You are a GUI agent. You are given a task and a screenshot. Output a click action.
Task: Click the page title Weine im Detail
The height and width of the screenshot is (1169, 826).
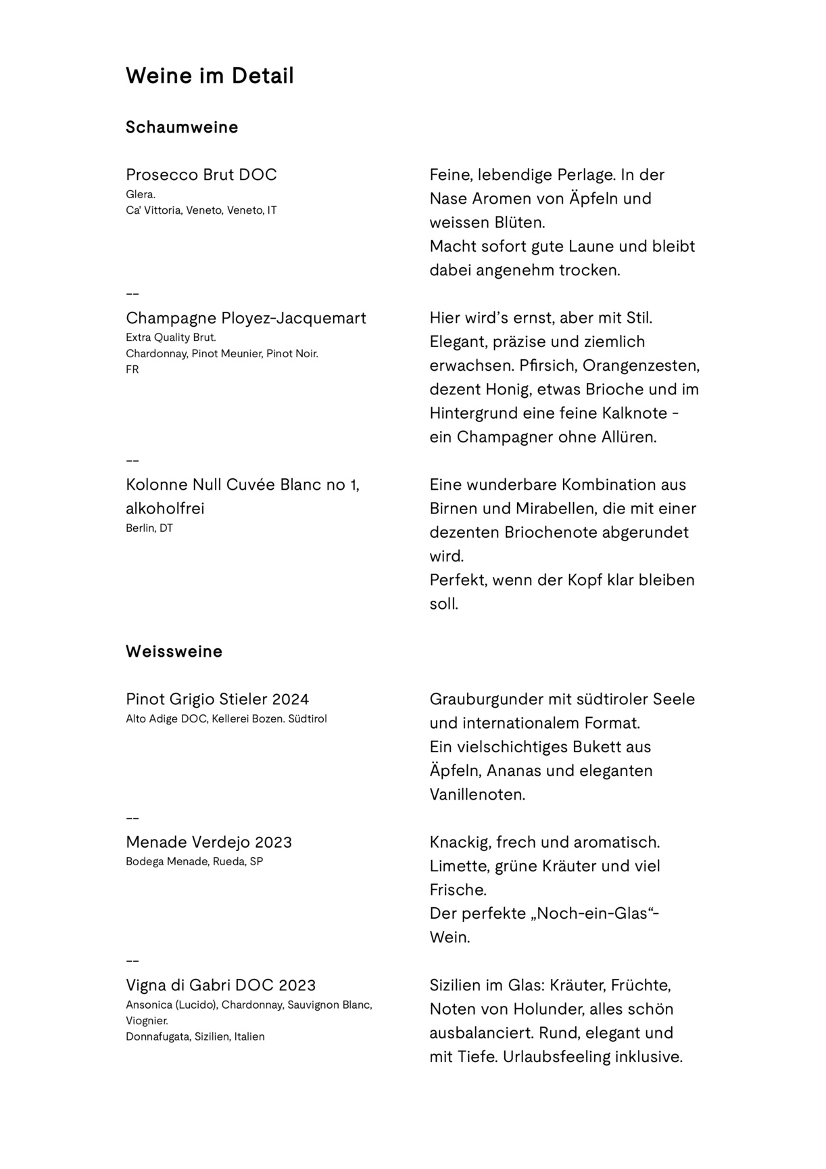click(x=210, y=76)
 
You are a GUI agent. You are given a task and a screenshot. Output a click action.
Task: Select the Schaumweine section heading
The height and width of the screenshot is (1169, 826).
click(x=182, y=127)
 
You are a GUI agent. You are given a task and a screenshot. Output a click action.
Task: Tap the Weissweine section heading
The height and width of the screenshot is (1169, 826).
click(x=174, y=651)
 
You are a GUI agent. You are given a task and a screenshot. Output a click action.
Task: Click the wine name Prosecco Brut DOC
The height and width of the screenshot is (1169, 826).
click(x=201, y=175)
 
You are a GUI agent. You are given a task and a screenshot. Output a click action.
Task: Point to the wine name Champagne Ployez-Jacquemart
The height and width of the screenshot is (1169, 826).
click(x=246, y=318)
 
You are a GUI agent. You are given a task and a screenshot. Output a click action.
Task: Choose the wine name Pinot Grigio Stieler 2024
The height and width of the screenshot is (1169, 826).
click(x=217, y=699)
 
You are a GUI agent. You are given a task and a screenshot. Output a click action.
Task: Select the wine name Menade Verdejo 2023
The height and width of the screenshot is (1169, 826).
click(x=209, y=842)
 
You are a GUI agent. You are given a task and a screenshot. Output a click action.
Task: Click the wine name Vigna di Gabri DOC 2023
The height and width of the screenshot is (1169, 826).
click(x=220, y=985)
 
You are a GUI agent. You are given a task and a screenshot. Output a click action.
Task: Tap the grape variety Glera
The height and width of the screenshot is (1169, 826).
click(x=141, y=195)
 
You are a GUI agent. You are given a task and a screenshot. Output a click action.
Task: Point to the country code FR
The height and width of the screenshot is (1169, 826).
click(x=132, y=370)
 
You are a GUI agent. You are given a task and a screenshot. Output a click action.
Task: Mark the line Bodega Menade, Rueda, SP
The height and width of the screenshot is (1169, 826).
click(x=194, y=862)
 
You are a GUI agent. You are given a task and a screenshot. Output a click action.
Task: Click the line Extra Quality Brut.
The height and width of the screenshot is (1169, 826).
click(x=171, y=338)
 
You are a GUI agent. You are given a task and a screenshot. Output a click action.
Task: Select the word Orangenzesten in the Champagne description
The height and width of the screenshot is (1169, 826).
click(x=641, y=366)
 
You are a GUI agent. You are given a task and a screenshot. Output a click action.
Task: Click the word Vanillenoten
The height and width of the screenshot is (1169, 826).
click(x=477, y=795)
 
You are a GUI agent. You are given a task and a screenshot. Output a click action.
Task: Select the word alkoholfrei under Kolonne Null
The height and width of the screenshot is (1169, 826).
click(x=165, y=509)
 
